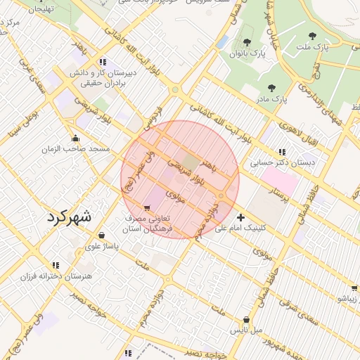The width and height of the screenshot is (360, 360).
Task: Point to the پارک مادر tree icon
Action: tap(271, 88)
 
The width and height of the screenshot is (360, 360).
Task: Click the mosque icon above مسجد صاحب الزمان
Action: tap(75, 138)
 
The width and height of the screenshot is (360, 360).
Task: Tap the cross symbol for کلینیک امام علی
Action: tap(241, 217)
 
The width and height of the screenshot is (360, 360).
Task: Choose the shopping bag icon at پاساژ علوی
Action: tap(103, 236)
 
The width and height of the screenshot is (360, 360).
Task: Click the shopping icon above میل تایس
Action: tap(246, 319)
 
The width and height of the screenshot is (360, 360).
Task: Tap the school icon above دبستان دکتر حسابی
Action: tap(282, 151)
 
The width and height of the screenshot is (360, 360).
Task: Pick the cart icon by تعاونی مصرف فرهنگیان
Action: tap(146, 208)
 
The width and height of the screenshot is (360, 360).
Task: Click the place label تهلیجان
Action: tap(39, 9)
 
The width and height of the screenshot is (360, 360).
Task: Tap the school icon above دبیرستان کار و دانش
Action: tap(103, 61)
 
